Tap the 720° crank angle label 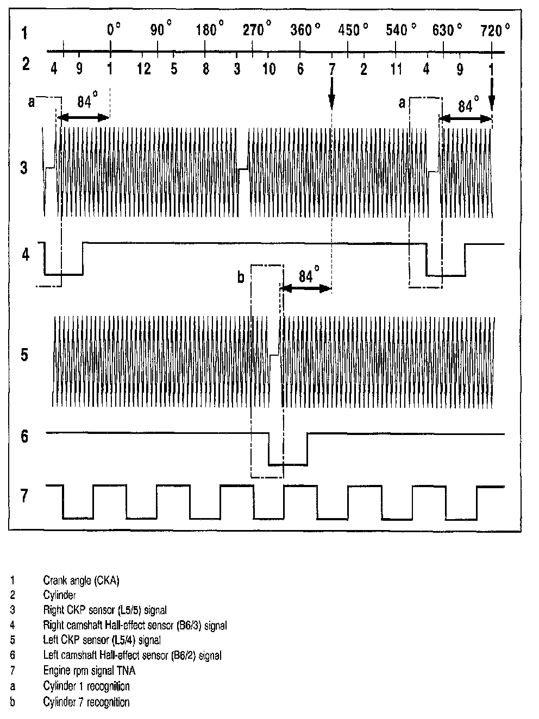pos(494,30)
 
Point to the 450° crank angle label pos(351,30)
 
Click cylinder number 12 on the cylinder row pos(143,70)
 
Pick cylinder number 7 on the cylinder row pos(332,70)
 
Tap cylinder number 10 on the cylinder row pos(269,70)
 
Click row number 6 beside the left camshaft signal pos(24,437)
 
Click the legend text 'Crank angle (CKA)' pos(81,581)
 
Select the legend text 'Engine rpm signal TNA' pos(89,671)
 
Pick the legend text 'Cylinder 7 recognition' pos(86,702)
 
